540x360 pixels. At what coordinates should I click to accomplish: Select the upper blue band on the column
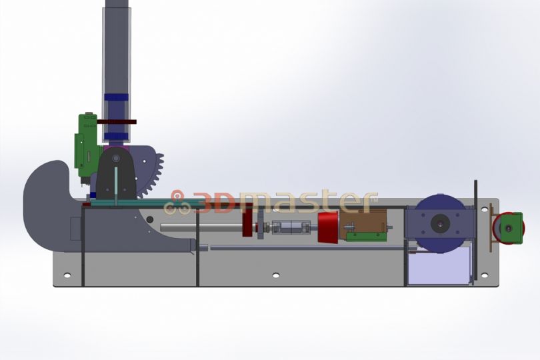click(x=117, y=97)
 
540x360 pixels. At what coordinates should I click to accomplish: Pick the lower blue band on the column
click(x=117, y=137)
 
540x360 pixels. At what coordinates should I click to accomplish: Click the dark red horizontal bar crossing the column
click(x=117, y=122)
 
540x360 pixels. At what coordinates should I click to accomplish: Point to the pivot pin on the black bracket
click(x=116, y=158)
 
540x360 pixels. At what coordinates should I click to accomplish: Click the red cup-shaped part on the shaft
click(x=329, y=228)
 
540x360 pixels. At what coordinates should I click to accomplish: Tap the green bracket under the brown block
click(x=367, y=237)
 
